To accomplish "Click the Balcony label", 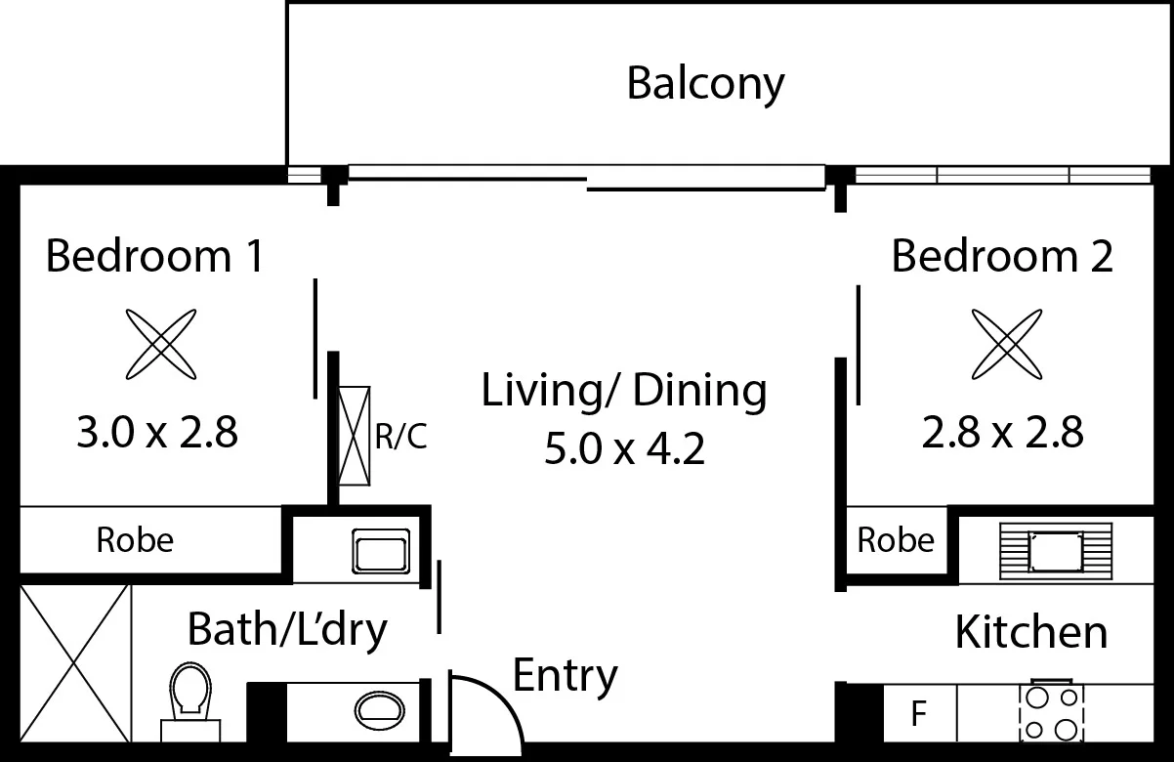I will point(704,84).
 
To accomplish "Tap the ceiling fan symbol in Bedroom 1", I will point(162,344).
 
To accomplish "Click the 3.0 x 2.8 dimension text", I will point(157,431).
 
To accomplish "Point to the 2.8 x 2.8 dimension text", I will point(1002,431).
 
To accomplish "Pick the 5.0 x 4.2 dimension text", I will point(624,450).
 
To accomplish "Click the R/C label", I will point(401,437).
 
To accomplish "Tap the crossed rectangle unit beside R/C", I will point(355,436).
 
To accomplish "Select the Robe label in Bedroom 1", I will point(135,539).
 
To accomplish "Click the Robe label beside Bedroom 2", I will point(895,540).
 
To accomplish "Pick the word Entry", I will point(565,675).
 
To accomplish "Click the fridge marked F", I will point(918,714).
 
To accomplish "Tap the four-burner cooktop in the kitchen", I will point(1050,713).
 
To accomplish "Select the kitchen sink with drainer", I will point(1054,551).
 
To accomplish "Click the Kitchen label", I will point(1030,632).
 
